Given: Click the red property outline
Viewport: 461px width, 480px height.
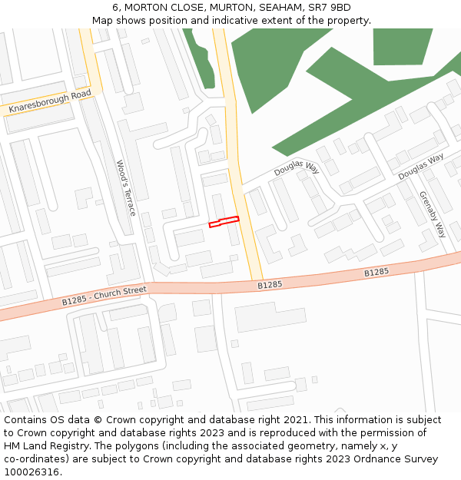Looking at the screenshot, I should (224, 222).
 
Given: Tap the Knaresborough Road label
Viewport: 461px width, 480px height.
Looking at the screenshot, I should (49, 103).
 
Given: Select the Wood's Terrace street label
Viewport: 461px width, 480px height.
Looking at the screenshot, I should (125, 187).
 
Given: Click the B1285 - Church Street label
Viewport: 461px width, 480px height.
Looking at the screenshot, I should (104, 295).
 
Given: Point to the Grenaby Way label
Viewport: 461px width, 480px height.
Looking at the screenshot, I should (433, 214).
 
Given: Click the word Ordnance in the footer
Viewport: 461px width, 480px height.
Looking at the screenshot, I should (369, 459).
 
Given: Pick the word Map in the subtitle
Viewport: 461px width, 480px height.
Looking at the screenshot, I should (102, 21).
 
